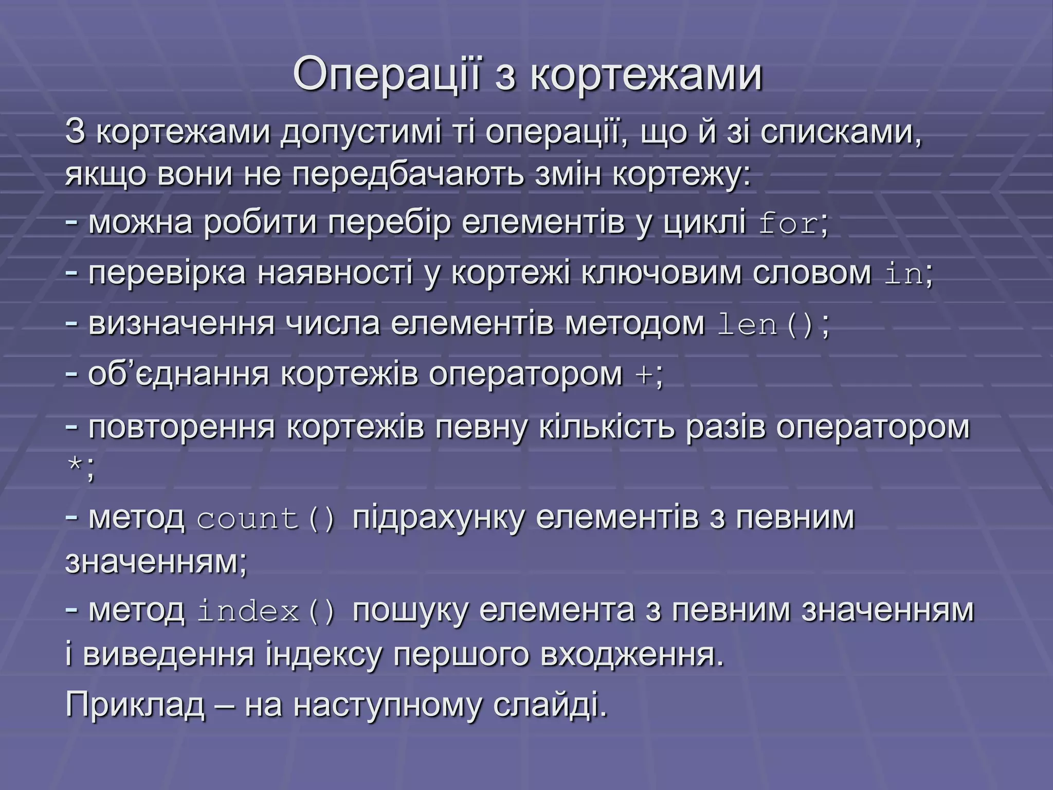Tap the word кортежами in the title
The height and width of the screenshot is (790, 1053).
click(x=646, y=75)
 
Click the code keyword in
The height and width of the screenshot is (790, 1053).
click(x=904, y=275)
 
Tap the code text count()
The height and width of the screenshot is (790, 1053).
click(x=266, y=518)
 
